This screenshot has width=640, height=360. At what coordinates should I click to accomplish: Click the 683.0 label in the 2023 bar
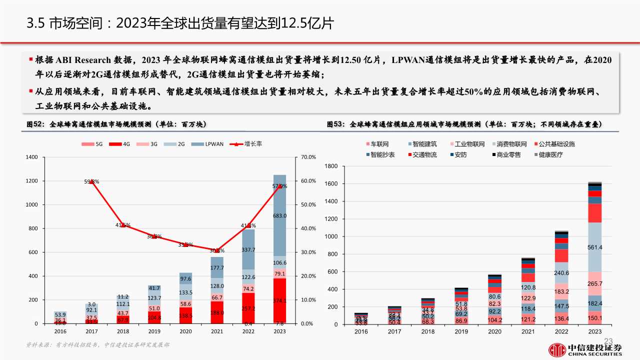pos(279,216)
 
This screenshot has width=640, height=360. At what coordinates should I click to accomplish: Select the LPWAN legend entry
pos(210,144)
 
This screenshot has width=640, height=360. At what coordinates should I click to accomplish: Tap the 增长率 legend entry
pos(248,144)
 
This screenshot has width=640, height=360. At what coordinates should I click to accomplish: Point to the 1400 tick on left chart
pos(31,157)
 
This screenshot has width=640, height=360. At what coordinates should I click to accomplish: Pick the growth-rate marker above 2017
pos(91,182)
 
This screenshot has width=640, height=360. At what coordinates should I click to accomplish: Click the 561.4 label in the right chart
pos(594,247)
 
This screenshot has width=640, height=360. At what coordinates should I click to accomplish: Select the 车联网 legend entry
pos(378,144)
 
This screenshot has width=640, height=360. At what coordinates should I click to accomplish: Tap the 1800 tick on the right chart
pos(331,166)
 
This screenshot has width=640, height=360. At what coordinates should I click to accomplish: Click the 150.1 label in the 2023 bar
pos(594,318)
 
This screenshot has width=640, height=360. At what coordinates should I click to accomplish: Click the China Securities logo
pos(585,348)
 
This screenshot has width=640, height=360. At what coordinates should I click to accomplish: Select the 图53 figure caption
pos(464,124)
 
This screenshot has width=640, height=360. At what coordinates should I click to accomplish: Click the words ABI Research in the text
pos(82,60)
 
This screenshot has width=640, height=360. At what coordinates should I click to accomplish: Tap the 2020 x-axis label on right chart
pos(495,331)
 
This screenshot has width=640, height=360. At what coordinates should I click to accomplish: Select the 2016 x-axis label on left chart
pos(60,331)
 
